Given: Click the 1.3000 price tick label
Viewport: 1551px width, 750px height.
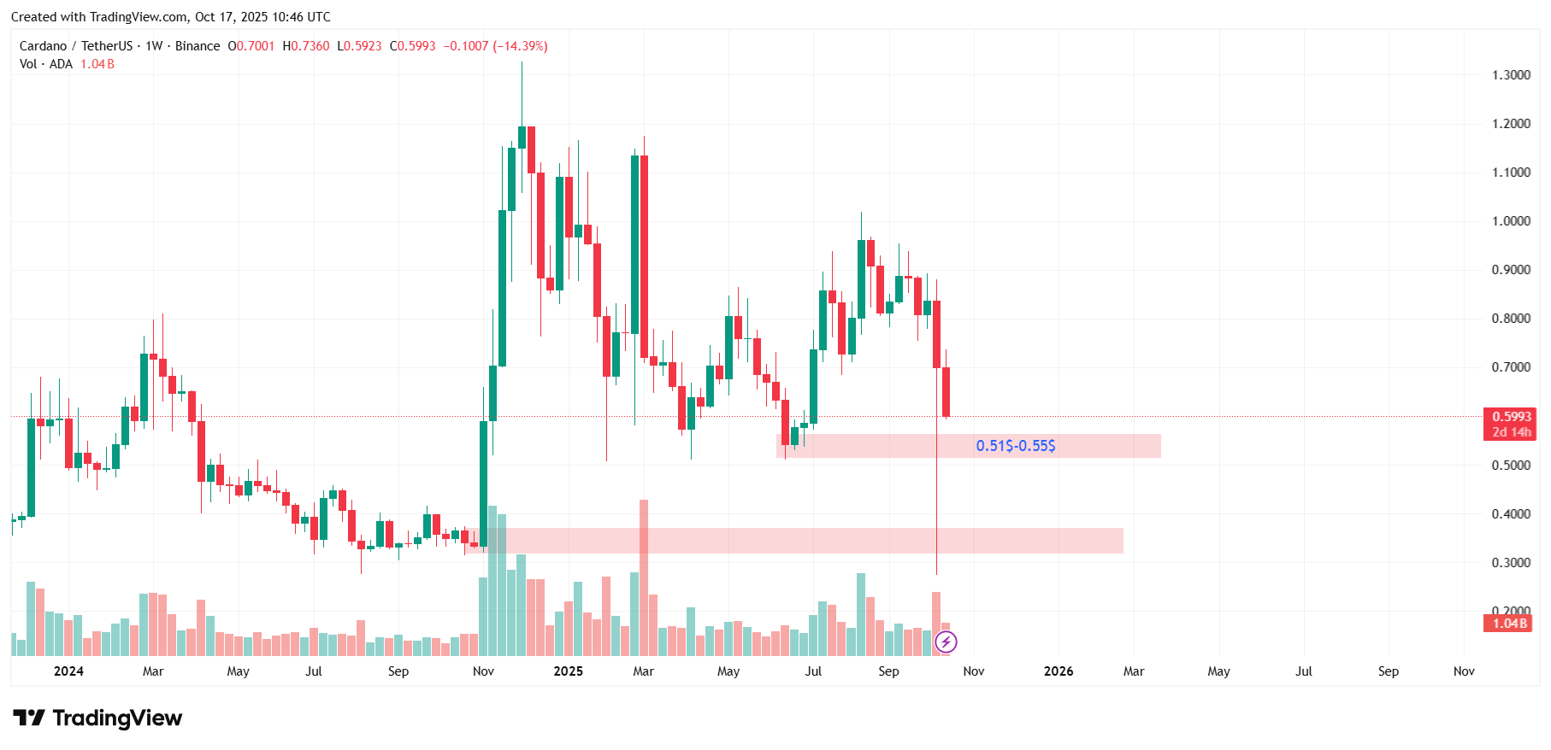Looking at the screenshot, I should pyautogui.click(x=1511, y=75).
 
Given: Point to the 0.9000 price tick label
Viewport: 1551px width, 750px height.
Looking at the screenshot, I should pyautogui.click(x=1511, y=270).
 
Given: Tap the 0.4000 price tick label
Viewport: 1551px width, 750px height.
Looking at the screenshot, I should pyautogui.click(x=1511, y=514).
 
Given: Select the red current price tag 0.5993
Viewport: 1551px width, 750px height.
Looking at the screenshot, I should pyautogui.click(x=1511, y=417).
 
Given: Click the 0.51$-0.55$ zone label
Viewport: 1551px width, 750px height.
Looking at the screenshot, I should pyautogui.click(x=1016, y=446).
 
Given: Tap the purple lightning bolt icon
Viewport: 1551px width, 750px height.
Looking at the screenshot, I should pyautogui.click(x=946, y=642).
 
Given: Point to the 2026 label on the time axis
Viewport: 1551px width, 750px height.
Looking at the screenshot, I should pyautogui.click(x=1059, y=671).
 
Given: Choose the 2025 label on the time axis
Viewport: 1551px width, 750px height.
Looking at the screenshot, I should pyautogui.click(x=568, y=671).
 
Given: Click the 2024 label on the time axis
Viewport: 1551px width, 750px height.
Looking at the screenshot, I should pyautogui.click(x=68, y=671).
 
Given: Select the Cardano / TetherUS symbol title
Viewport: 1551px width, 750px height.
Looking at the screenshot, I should pyautogui.click(x=76, y=46).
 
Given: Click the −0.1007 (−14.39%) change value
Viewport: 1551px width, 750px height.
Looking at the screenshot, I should pyautogui.click(x=495, y=46).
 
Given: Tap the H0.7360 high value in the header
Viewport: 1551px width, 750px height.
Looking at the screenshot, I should pyautogui.click(x=306, y=46).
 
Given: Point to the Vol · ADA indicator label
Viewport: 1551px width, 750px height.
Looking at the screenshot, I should pyautogui.click(x=46, y=64).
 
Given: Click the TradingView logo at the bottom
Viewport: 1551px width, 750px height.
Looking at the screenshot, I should pyautogui.click(x=97, y=718).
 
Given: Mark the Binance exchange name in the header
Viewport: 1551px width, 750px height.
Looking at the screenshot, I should pyautogui.click(x=198, y=46).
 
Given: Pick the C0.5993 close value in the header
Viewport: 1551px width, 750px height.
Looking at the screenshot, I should pyautogui.click(x=413, y=46).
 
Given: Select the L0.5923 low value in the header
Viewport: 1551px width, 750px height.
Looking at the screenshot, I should pyautogui.click(x=359, y=46).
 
